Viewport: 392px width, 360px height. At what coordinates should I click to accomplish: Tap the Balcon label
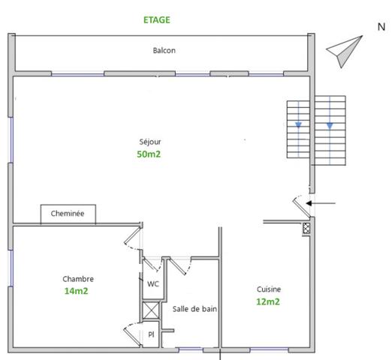(164, 51)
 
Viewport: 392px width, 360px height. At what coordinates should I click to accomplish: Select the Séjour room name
(149, 141)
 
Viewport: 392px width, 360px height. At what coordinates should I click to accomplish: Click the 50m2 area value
(149, 154)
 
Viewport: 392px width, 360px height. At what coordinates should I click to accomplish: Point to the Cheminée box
(68, 214)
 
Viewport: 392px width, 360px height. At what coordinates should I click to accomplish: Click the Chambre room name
(78, 278)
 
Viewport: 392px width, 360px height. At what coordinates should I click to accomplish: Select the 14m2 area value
(76, 291)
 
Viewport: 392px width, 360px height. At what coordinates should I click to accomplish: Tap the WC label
(152, 283)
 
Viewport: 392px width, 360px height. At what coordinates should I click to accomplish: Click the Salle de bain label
(194, 308)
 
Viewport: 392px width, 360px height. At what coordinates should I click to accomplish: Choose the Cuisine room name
(269, 289)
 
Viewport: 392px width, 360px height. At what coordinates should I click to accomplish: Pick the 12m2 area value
(268, 301)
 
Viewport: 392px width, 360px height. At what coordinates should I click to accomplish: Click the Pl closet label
(151, 334)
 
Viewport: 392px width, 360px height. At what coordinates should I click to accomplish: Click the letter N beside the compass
(381, 27)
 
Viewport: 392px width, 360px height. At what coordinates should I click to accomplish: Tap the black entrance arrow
(324, 202)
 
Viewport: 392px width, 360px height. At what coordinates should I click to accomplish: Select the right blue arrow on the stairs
(329, 125)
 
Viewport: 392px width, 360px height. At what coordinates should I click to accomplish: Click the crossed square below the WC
(151, 310)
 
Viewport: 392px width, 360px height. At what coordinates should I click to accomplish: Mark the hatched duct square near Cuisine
(306, 229)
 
